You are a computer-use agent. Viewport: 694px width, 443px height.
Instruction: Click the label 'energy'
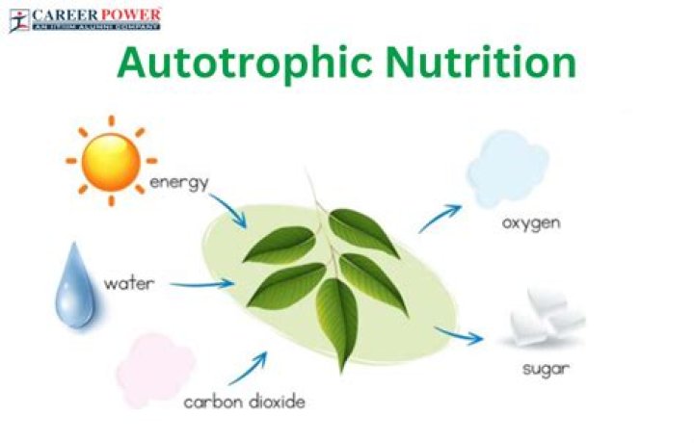pos(178,183)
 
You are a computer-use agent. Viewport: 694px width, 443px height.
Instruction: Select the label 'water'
pos(130,284)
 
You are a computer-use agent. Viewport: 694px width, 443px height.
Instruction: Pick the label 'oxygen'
pos(531,223)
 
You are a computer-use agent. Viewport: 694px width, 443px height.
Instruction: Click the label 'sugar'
pos(547,368)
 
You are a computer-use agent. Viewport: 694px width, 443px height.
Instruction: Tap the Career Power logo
pos(85,19)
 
